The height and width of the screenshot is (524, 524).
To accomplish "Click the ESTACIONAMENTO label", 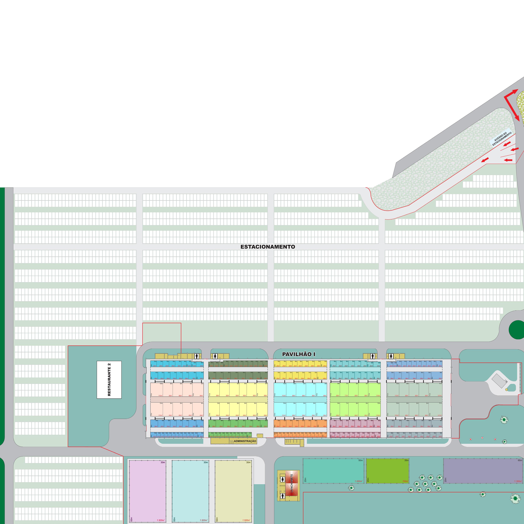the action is [x=268, y=247].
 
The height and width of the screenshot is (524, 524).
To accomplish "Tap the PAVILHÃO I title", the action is [x=299, y=354].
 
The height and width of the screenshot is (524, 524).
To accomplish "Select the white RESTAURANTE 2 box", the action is [x=109, y=380].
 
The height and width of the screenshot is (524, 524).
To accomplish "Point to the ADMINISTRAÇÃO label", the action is [x=245, y=441].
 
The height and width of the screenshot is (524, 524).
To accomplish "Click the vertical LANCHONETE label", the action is [x=292, y=483].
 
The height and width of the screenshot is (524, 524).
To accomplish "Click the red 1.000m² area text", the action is [x=358, y=481].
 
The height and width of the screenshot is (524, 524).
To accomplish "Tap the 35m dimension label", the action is [x=406, y=460].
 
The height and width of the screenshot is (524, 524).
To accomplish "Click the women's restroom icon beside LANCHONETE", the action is [x=283, y=479].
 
